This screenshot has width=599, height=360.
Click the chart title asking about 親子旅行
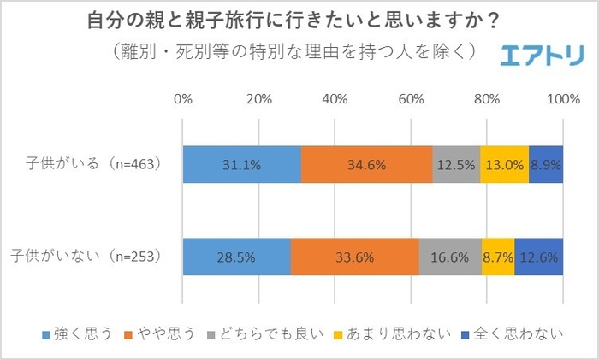pyautogui.click(x=299, y=19)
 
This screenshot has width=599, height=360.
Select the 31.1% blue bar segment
pyautogui.click(x=241, y=165)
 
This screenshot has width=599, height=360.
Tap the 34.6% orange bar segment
pyautogui.click(x=366, y=165)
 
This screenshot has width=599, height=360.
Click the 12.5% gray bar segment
pyautogui.click(x=456, y=165)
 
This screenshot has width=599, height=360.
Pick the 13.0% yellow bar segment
pyautogui.click(x=504, y=165)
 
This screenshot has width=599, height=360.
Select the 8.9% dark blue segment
pyautogui.click(x=546, y=165)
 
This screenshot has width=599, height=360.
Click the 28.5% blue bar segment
pyautogui.click(x=236, y=256)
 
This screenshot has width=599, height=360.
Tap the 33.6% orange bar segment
pyautogui.click(x=354, y=256)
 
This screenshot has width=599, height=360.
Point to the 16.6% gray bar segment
pyautogui.click(x=450, y=256)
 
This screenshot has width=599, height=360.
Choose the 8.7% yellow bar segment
pyautogui.click(x=498, y=256)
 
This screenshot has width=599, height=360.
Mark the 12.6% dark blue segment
pyautogui.click(x=539, y=256)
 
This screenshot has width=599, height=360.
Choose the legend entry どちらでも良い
pyautogui.click(x=273, y=334)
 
